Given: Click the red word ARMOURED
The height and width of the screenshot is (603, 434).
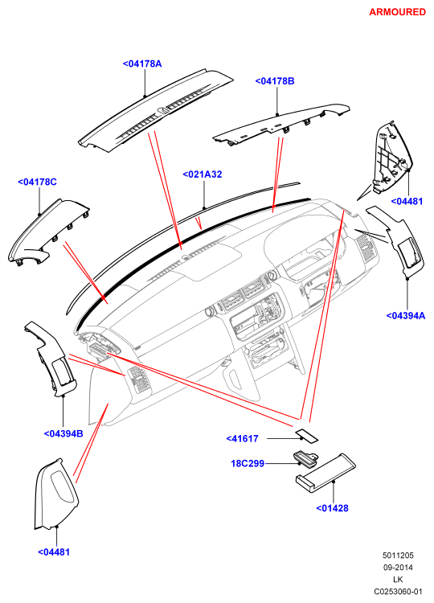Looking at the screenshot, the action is pos(397,12).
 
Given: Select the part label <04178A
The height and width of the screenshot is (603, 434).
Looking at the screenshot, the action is pos(142,64).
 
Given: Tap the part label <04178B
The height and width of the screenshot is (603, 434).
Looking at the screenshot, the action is pos(275,81).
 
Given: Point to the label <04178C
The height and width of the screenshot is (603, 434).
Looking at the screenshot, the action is pos(37,182).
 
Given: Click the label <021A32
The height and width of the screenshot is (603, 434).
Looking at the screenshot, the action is pos(203,174).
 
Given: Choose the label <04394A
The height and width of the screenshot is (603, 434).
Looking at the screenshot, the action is pos(406,316).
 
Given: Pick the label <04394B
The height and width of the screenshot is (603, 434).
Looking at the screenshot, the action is pos(63,434).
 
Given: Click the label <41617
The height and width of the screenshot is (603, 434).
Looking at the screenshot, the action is pos(242,438).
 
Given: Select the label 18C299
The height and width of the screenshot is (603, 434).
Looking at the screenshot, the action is pos(248,463).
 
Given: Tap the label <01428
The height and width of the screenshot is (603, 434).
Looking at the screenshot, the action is pos(332,508).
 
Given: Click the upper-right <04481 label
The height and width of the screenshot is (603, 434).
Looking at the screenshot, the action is pos(407,201).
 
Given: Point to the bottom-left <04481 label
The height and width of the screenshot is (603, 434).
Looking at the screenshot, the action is pos(54,552).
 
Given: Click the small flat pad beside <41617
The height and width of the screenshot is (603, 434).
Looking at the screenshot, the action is pos(307,436).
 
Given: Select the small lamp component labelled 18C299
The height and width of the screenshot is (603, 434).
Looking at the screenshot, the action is pos(306,457).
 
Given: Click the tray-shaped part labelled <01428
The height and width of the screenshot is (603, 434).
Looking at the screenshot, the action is pos(325,473).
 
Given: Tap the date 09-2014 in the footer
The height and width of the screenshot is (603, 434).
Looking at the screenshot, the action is pos(398,568).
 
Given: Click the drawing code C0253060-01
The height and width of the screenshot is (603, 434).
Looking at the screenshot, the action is pos(399,591).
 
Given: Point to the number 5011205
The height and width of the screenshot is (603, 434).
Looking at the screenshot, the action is pos(398,556).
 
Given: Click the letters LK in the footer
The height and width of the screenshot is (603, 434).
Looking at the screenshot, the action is pos(398,579).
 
